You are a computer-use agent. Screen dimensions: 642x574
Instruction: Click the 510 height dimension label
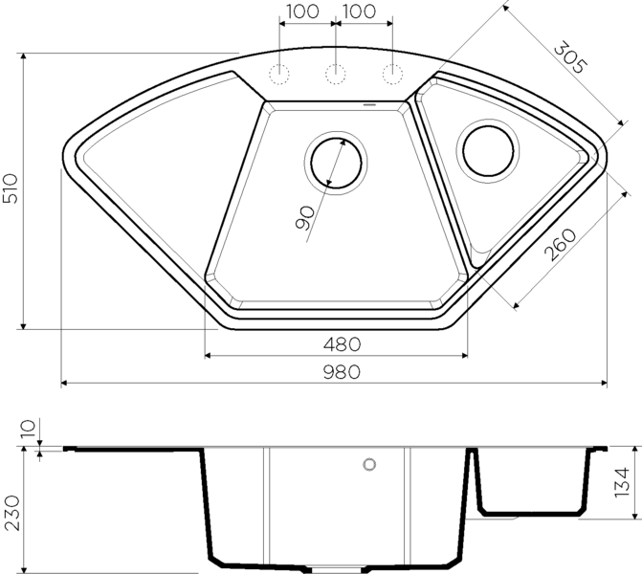(x=11, y=188)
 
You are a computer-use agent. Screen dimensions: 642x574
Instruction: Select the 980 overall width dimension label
(x=342, y=372)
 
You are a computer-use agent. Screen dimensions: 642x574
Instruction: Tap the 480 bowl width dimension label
(x=342, y=344)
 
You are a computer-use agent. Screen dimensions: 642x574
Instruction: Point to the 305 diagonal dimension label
(x=571, y=57)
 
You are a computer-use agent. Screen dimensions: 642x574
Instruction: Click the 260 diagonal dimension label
(x=560, y=245)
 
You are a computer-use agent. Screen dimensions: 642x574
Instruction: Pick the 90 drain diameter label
(x=304, y=218)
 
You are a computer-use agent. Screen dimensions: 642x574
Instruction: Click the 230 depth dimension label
(x=11, y=513)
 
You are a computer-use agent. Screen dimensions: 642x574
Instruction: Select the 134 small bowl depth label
(x=622, y=482)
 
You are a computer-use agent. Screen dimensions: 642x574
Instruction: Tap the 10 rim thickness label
(x=29, y=429)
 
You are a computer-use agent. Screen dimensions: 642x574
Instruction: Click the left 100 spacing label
(x=302, y=11)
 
